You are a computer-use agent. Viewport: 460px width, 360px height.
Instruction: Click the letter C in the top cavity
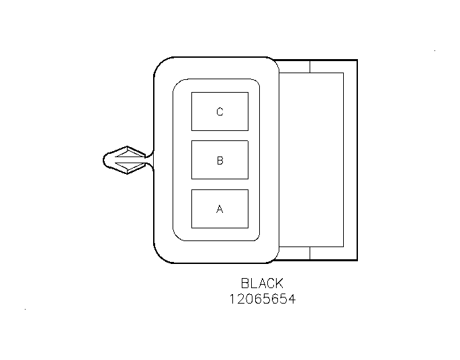click(220, 111)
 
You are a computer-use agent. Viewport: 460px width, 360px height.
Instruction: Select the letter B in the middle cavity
click(220, 161)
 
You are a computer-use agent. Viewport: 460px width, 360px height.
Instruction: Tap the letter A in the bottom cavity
click(220, 209)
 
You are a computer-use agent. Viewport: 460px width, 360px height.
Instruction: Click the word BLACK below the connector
click(262, 283)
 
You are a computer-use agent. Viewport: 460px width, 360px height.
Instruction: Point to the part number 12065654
click(263, 300)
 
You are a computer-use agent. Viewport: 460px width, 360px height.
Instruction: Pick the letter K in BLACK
click(279, 283)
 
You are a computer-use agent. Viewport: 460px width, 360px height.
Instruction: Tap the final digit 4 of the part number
click(291, 300)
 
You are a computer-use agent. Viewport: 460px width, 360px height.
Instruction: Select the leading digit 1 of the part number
click(232, 300)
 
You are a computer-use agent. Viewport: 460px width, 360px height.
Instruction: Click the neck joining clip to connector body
click(149, 160)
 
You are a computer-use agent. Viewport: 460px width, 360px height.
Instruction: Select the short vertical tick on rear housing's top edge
click(310, 66)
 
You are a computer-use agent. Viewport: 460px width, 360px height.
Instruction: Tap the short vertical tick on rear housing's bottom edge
click(310, 253)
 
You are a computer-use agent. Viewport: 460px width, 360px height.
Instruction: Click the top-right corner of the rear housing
click(357, 60)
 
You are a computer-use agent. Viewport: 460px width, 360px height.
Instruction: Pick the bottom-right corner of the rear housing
click(357, 260)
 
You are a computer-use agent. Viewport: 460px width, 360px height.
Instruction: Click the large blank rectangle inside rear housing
click(312, 160)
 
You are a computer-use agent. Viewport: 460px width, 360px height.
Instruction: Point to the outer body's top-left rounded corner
click(160, 64)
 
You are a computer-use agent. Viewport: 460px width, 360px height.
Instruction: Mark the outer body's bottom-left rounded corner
click(160, 256)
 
